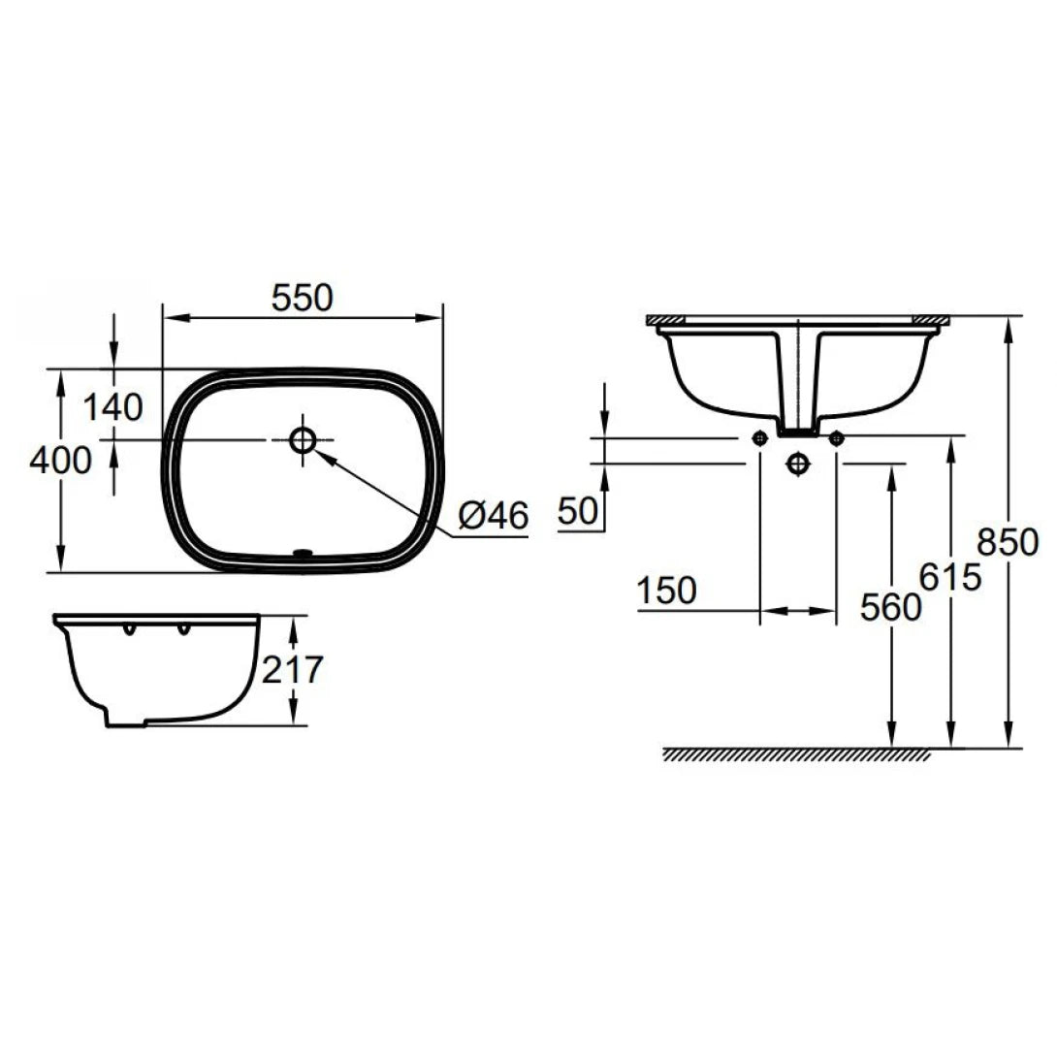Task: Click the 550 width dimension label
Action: [302, 298]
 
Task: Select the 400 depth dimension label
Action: [60, 459]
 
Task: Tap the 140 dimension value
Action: [112, 407]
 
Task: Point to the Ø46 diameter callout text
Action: [493, 517]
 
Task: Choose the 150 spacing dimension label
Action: [667, 591]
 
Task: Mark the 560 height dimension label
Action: [890, 607]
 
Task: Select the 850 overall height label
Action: [1009, 540]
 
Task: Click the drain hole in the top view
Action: [303, 440]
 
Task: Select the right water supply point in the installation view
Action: [837, 437]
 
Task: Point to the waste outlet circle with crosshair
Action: [798, 464]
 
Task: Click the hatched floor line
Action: [795, 754]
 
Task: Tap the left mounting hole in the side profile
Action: [128, 632]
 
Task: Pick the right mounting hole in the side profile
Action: [180, 632]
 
